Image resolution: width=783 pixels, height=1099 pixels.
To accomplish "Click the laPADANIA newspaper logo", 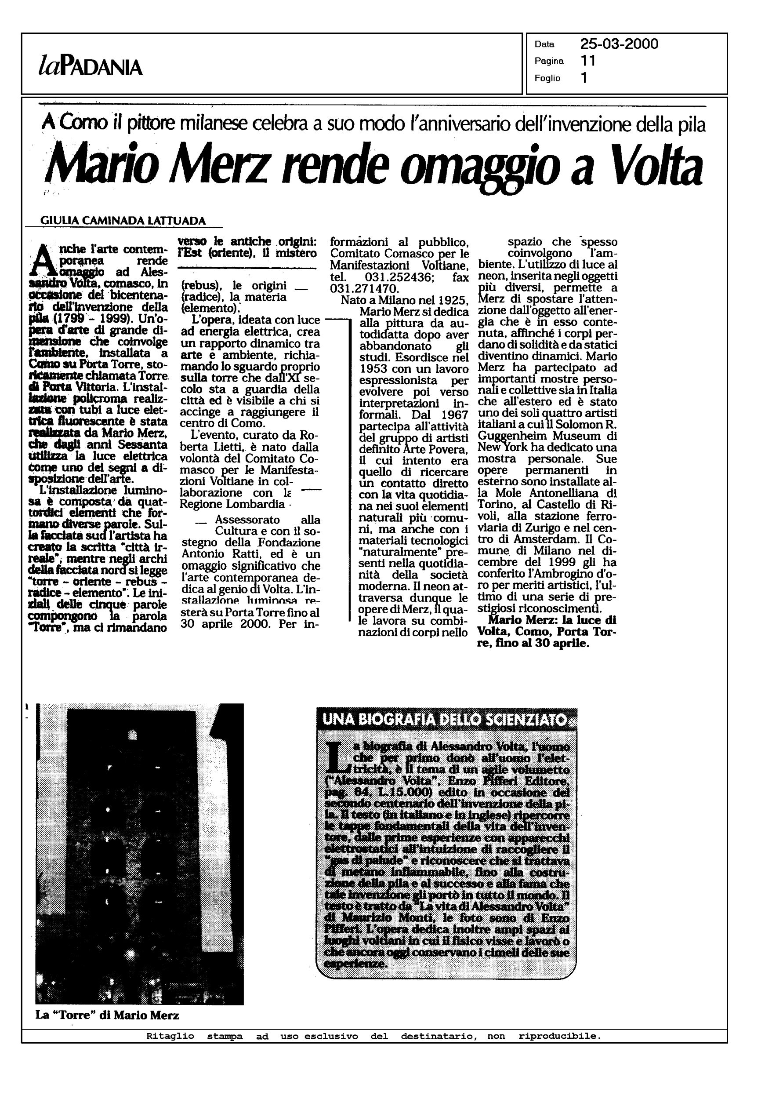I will [90, 67].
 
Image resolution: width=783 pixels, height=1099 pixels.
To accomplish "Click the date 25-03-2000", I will [619, 44].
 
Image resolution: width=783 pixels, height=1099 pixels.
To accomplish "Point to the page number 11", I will [588, 61].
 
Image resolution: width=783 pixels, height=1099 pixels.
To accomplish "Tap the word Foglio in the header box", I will [547, 78].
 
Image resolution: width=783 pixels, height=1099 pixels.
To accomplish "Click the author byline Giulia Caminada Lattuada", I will [123, 220].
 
